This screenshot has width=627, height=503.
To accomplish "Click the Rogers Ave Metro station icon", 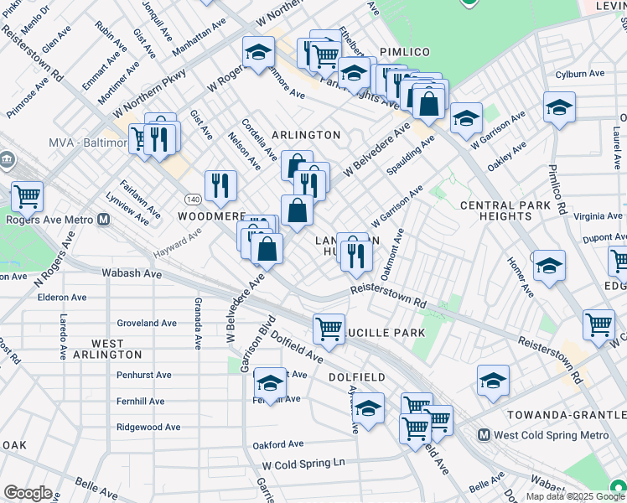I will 104,220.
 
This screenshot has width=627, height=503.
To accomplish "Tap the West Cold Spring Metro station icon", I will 484,435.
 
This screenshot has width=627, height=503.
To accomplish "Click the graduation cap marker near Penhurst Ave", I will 270,383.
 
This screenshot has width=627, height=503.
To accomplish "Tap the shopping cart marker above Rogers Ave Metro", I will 28,196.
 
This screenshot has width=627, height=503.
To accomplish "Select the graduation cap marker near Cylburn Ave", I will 559,107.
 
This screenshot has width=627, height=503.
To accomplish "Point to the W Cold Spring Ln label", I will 303,463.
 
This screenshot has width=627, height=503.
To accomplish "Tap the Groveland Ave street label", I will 147,323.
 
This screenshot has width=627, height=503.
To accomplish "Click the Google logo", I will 28,493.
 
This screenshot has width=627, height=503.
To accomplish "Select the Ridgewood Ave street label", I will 148,427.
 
